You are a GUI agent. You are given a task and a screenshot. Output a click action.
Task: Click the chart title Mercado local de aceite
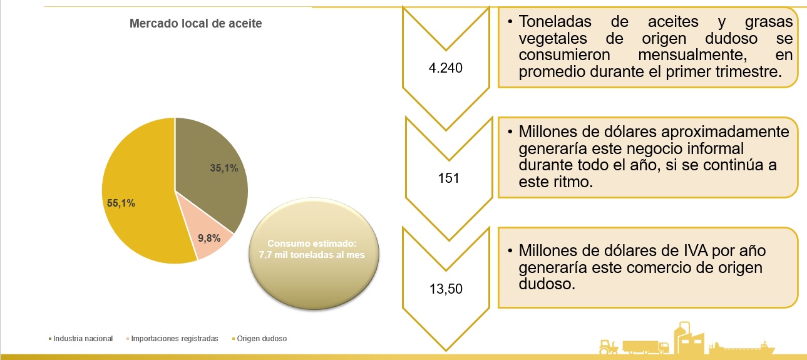click(195, 23)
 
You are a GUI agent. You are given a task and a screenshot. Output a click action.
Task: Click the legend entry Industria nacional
click(81, 339)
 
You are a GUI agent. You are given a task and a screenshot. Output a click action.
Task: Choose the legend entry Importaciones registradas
click(172, 339)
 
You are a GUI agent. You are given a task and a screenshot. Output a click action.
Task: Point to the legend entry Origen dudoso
click(259, 339)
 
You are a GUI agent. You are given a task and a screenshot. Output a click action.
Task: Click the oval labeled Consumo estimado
click(314, 254)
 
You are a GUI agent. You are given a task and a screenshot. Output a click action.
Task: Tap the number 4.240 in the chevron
click(446, 68)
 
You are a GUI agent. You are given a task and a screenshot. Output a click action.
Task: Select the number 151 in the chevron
click(448, 178)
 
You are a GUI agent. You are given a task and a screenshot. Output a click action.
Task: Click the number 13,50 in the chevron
click(446, 289)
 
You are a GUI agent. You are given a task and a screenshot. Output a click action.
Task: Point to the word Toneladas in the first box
click(555, 22)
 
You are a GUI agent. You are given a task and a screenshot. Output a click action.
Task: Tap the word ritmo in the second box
click(573, 182)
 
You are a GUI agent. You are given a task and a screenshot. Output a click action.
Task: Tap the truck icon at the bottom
click(645, 347)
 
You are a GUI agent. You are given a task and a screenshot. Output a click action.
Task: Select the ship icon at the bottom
click(741, 347)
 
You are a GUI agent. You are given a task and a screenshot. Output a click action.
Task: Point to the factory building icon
click(689, 339)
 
